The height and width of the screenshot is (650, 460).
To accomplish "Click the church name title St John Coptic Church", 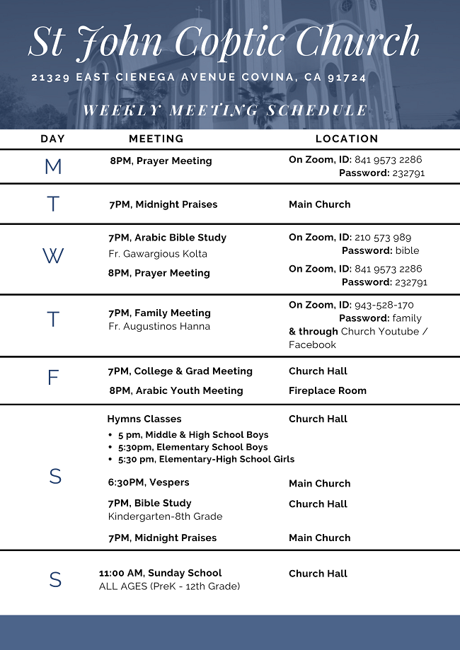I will click(x=224, y=42).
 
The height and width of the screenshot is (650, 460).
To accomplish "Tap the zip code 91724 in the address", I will click(x=347, y=78).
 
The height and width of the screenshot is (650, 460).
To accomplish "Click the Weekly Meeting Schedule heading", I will click(x=225, y=110).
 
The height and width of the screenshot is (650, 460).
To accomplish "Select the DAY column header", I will click(x=53, y=139).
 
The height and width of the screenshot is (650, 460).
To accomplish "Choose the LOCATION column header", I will click(x=347, y=139).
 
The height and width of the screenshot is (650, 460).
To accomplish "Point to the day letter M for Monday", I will click(x=53, y=167).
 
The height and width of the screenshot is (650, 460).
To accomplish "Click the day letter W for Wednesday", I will click(x=53, y=257).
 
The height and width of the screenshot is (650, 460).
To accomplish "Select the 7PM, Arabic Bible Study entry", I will click(x=167, y=238).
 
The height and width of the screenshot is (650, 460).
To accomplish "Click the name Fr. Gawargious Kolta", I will click(x=158, y=254).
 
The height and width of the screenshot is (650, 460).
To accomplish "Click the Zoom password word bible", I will click(x=407, y=250).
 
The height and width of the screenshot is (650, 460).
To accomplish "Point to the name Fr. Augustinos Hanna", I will click(x=159, y=327).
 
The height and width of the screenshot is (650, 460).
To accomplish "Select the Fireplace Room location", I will click(x=328, y=390).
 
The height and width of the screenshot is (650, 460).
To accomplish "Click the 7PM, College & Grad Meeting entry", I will click(x=180, y=371).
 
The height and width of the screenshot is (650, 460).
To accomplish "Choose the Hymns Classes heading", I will click(x=144, y=419).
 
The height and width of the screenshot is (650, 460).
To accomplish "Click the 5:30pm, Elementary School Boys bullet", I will click(x=192, y=447).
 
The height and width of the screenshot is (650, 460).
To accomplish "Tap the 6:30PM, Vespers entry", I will click(x=149, y=482).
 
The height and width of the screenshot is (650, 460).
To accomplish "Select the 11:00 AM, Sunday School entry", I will click(x=160, y=573).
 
